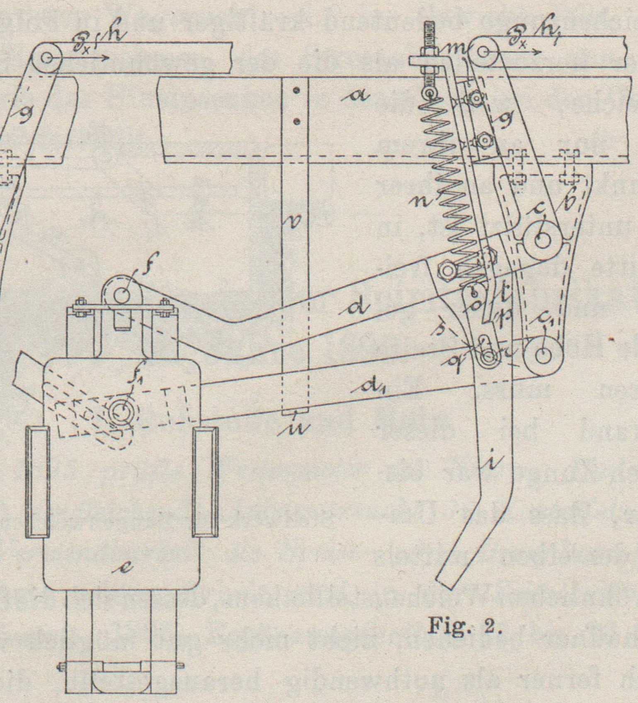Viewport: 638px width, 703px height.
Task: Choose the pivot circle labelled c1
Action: tap(541, 355)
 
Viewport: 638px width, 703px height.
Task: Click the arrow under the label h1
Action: tap(520, 53)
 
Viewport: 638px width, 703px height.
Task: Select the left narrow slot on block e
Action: tap(37, 483)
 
